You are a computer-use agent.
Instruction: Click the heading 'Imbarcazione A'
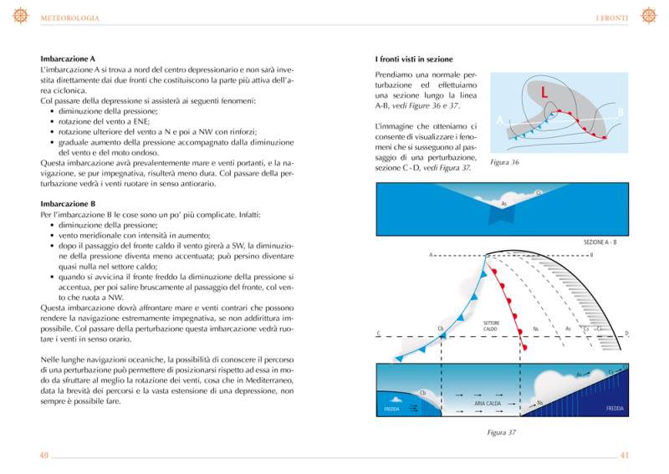pyautogui.click(x=69, y=59)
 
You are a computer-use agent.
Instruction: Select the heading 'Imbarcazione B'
pyautogui.click(x=69, y=203)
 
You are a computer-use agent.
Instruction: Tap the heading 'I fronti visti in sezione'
pyautogui.click(x=414, y=59)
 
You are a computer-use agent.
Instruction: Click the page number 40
pyautogui.click(x=44, y=455)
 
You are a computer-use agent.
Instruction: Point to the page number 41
pyautogui.click(x=624, y=455)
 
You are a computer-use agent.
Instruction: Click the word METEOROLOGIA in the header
pyautogui.click(x=69, y=18)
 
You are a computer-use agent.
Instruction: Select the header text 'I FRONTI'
pyautogui.click(x=611, y=18)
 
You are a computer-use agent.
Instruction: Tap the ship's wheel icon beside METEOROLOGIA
pyautogui.click(x=21, y=16)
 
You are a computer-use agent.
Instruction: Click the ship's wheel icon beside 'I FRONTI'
pyautogui.click(x=648, y=16)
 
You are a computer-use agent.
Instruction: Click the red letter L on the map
pyautogui.click(x=544, y=92)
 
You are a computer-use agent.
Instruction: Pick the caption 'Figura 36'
pyautogui.click(x=504, y=162)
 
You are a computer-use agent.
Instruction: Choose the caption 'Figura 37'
pyautogui.click(x=501, y=432)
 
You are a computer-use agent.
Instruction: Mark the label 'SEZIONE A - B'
pyautogui.click(x=600, y=242)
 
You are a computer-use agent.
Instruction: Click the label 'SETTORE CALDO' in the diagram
pyautogui.click(x=492, y=325)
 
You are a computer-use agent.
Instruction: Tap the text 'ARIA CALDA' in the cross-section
pyautogui.click(x=488, y=403)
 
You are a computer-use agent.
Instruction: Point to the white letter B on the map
pyautogui.click(x=620, y=112)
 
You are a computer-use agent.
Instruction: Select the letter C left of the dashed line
pyautogui.click(x=379, y=334)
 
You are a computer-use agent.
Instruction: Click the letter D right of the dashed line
pyautogui.click(x=627, y=334)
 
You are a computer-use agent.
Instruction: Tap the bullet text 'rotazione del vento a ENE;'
pyautogui.click(x=104, y=121)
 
